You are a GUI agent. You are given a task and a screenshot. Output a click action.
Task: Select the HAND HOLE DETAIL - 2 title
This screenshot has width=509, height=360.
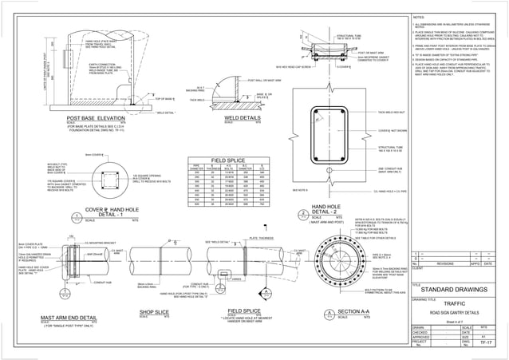coord(322,209)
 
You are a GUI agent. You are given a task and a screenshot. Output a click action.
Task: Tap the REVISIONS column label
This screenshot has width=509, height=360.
coord(447,261)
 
